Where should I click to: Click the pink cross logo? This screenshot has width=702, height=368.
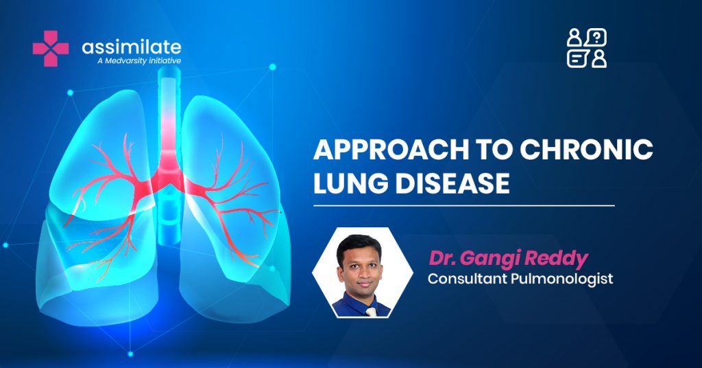(x=51, y=49)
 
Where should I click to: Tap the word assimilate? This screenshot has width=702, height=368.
(x=132, y=47)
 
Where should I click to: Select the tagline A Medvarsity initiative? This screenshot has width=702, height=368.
(x=139, y=60)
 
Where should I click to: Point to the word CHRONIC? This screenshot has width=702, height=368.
(x=586, y=150)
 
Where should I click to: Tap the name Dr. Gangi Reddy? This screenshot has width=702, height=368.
(x=508, y=259)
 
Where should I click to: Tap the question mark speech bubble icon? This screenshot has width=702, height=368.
(x=596, y=37)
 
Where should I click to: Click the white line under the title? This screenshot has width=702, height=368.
(x=464, y=206)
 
